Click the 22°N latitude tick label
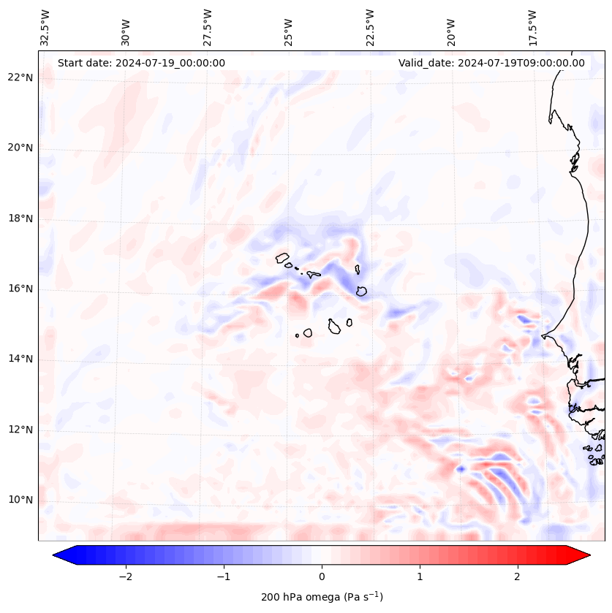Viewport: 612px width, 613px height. (x=20, y=77)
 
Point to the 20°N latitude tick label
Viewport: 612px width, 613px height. (x=20, y=148)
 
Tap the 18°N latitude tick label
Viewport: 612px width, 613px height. (x=20, y=218)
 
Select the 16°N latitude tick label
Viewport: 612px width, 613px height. (x=20, y=289)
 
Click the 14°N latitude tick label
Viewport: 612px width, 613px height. (x=20, y=359)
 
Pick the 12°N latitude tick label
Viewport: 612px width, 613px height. (x=20, y=430)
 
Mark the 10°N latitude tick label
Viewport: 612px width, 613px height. (x=20, y=500)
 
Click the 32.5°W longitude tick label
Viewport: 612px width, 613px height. (x=45, y=28)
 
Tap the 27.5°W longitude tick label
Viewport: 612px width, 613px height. (x=207, y=28)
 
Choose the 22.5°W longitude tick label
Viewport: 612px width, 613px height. (x=370, y=28)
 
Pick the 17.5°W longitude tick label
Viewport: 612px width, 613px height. (x=532, y=28)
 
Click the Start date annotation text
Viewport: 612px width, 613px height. (x=141, y=63)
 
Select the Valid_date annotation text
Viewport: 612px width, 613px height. (x=491, y=63)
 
